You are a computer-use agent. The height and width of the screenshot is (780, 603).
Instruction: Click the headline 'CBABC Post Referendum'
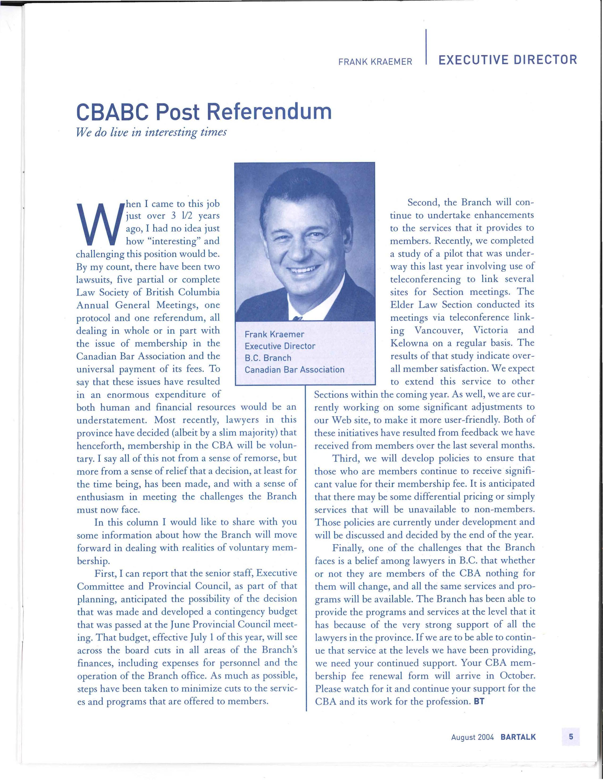(204, 112)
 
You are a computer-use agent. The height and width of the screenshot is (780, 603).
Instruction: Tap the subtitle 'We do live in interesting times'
(151, 132)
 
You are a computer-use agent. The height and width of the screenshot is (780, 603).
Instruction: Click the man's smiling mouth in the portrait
(304, 269)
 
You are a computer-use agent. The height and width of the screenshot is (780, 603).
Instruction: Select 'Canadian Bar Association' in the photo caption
(294, 370)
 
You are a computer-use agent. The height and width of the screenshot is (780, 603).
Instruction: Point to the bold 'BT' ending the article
(479, 701)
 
